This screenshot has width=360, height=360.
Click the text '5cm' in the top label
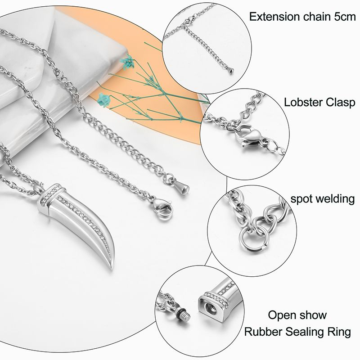point(343,17)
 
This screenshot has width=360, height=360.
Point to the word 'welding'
point(333,198)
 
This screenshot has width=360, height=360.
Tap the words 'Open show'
point(297,315)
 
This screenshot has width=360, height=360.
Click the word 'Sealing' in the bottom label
point(301,333)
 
